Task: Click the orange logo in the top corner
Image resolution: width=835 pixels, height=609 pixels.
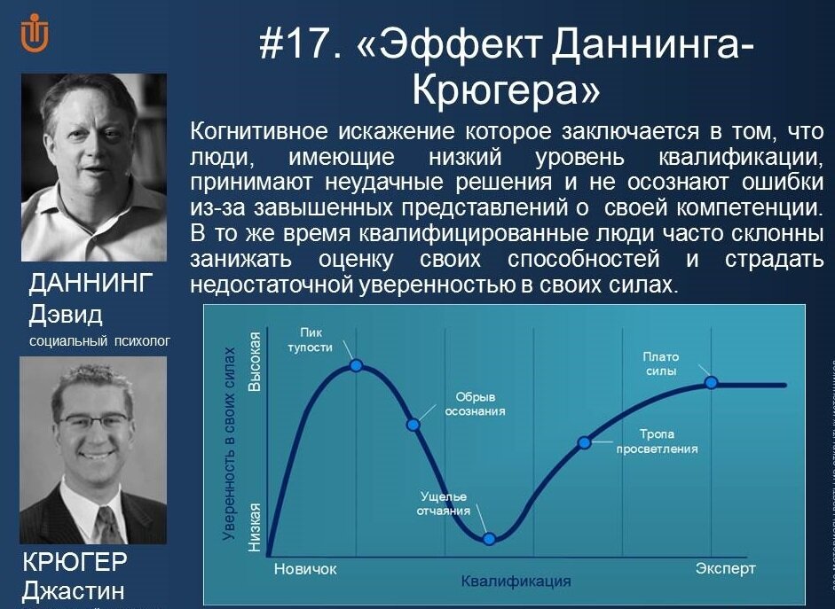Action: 35,33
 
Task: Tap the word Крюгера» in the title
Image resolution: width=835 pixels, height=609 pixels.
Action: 507,90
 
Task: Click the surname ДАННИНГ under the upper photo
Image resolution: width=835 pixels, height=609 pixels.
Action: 91,284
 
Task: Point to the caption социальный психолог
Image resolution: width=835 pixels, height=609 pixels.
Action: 98,340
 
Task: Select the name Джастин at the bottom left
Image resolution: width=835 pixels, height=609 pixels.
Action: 73,591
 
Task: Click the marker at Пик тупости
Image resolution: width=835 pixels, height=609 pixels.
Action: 357,364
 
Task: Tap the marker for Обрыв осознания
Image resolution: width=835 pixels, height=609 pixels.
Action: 413,424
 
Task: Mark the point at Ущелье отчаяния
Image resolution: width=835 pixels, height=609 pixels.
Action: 489,537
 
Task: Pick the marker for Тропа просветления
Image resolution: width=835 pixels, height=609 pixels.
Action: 584,441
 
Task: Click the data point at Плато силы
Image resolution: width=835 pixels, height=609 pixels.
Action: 711,382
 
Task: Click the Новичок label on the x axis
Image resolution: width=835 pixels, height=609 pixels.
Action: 305,568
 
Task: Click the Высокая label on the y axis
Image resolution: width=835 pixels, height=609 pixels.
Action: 256,363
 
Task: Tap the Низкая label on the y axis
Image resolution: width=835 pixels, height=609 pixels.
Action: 256,527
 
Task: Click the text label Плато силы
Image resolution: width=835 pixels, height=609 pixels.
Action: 660,363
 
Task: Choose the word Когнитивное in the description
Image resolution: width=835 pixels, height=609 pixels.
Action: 258,131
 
